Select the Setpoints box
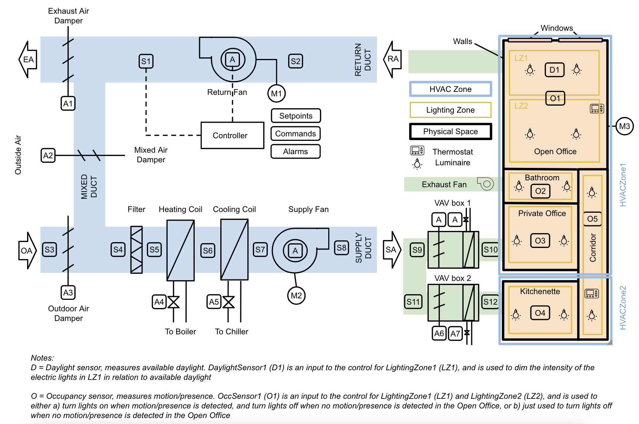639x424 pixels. pos(296,116)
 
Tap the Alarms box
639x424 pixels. pos(295,151)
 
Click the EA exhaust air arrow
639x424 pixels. pos(28,60)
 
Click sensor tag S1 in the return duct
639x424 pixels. pos(146,61)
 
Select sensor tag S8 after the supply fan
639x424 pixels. pos(341,248)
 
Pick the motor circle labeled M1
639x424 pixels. pos(276,93)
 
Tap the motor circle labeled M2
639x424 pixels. pos(296,295)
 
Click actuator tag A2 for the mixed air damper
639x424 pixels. pos(48,155)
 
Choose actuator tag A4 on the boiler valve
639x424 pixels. pos(159,302)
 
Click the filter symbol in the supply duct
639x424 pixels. pos(136,250)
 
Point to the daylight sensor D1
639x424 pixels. pos(554,70)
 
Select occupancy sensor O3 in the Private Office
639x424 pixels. pos(540,241)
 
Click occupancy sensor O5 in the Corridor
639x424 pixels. pos(592,219)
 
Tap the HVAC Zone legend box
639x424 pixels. pos(450,89)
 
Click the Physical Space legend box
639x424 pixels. pos(450,132)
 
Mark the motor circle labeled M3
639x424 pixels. pos(625,126)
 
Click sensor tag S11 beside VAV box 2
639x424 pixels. pos(413,302)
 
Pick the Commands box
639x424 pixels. pos(295,133)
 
